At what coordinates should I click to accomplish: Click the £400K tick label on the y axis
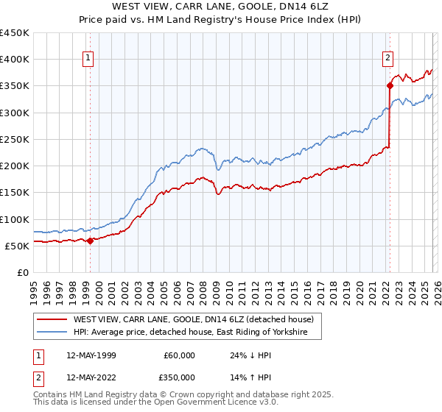[x=15, y=60]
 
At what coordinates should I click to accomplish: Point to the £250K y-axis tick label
[x=15, y=139]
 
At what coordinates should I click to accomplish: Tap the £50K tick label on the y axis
[x=17, y=246]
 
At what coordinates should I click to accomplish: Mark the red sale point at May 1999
[x=90, y=241]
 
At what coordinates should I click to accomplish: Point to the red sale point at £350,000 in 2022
[x=389, y=86]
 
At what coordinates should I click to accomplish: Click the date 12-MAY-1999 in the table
[x=91, y=355]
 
